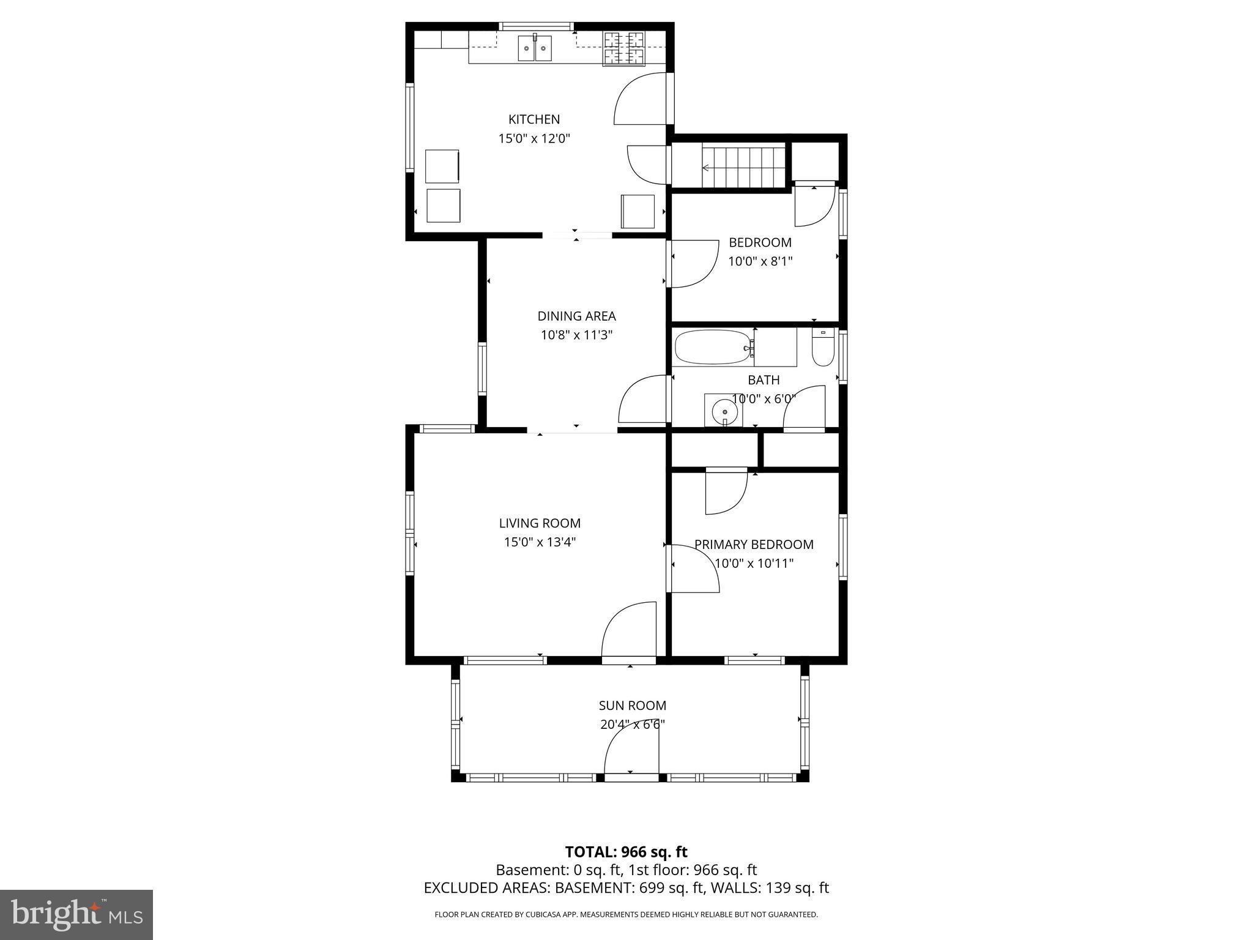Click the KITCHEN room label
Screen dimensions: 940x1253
pyautogui.click(x=534, y=119)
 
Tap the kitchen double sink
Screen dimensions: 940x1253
pyautogui.click(x=535, y=48)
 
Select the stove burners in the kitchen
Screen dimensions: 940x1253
pyautogui.click(x=624, y=48)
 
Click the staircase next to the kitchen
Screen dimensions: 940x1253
pyautogui.click(x=743, y=166)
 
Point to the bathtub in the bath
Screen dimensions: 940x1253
pyautogui.click(x=712, y=348)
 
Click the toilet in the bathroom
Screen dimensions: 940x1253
pyautogui.click(x=823, y=349)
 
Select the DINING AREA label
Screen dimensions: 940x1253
pyautogui.click(x=576, y=316)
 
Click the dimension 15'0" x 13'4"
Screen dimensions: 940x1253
pyautogui.click(x=540, y=542)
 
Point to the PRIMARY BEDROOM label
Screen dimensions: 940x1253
pyautogui.click(x=754, y=545)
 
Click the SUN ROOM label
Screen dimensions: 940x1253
pyautogui.click(x=632, y=706)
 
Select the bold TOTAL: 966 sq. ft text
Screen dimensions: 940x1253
pyautogui.click(x=626, y=852)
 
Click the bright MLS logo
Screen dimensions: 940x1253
pyautogui.click(x=76, y=914)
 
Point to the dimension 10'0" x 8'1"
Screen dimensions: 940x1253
pyautogui.click(x=760, y=262)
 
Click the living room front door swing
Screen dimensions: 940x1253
pyautogui.click(x=628, y=630)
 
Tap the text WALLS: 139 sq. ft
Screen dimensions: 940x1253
pyautogui.click(x=768, y=888)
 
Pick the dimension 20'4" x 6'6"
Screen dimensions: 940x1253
pyautogui.click(x=632, y=725)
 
